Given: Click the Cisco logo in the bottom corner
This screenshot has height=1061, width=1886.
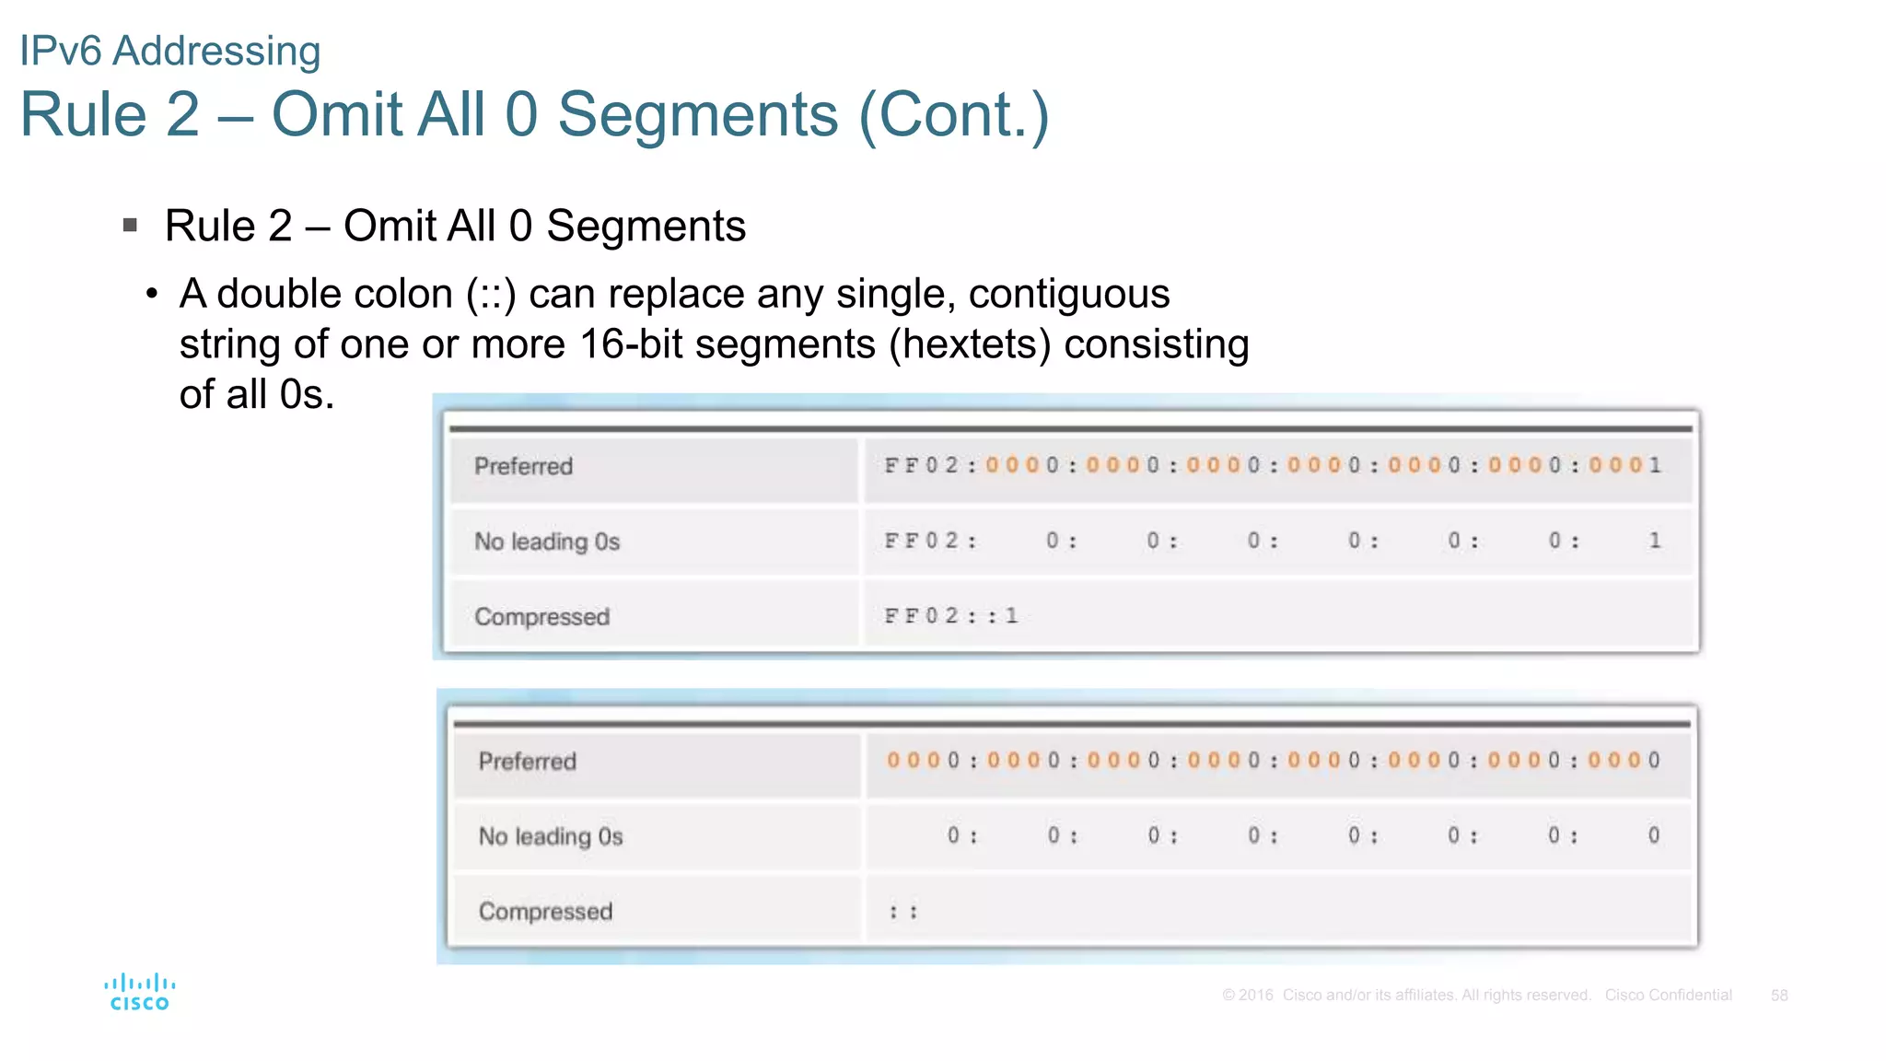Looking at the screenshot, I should (x=139, y=993).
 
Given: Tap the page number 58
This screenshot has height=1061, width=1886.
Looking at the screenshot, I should (x=1779, y=996).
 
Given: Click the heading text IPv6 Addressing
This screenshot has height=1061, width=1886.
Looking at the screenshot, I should (x=170, y=51).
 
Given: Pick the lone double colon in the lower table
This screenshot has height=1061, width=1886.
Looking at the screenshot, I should (x=902, y=912).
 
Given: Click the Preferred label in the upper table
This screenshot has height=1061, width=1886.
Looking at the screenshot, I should (x=523, y=466).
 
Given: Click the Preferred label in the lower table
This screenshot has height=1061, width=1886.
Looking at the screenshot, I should (x=527, y=762).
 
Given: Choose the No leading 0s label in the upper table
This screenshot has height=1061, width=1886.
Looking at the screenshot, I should (x=547, y=542).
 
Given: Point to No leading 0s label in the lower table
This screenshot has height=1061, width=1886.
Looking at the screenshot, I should (x=551, y=836).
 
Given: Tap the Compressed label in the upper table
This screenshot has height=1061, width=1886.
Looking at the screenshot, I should (x=541, y=616).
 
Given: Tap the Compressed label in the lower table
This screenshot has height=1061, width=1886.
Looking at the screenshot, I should (x=545, y=912).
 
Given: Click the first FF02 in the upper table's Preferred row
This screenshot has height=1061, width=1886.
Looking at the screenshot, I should (x=921, y=465).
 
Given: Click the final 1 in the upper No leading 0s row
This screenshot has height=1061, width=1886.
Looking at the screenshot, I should (x=1655, y=541).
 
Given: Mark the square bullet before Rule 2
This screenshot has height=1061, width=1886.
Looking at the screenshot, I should (x=130, y=225).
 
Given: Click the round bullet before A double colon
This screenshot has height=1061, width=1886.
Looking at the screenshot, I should (x=152, y=295).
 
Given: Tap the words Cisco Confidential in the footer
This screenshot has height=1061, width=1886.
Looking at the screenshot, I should (x=1668, y=996).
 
